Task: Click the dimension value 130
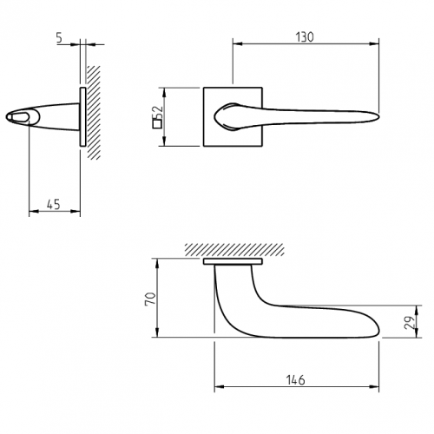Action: [x=305, y=37]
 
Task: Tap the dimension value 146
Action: [x=295, y=380]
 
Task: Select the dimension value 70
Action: [x=151, y=299]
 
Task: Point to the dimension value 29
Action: [x=410, y=322]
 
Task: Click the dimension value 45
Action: [x=54, y=204]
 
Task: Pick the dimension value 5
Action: [x=59, y=38]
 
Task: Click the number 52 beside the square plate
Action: [x=158, y=113]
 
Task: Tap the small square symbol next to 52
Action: [x=157, y=124]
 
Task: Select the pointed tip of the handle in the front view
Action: [x=378, y=115]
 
